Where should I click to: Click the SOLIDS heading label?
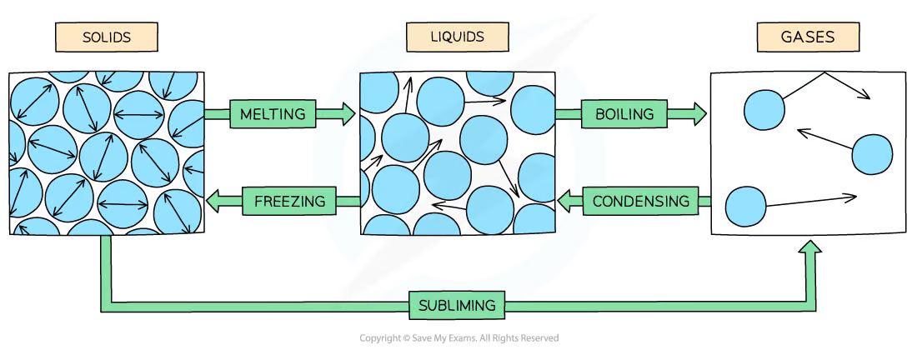[x=106, y=37]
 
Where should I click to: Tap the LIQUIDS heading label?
[x=457, y=37]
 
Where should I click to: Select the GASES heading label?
[x=807, y=37]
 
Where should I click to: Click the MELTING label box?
[x=273, y=113]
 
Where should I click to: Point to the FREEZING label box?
[x=289, y=201]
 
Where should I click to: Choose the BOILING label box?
[x=624, y=114]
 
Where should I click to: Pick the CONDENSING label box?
[x=640, y=201]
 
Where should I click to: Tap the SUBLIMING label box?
[x=458, y=305]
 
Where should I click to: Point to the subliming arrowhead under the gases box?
[x=809, y=249]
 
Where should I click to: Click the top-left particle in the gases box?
[x=764, y=110]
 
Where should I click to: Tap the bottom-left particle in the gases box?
[x=745, y=207]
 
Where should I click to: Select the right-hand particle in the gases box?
[x=872, y=153]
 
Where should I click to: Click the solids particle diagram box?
[x=106, y=152]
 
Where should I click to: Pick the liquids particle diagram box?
[x=457, y=152]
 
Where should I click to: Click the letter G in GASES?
[x=785, y=37]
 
